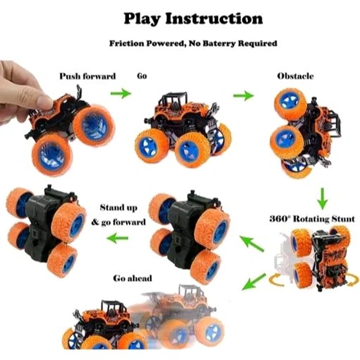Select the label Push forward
coord(88,76)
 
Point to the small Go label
coord(142,76)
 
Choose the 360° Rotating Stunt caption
coord(311,218)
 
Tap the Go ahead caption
coord(133,278)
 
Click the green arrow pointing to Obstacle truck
coord(243,95)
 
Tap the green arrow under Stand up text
coord(119,239)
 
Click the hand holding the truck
coord(24,90)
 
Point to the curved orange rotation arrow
coord(282,281)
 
